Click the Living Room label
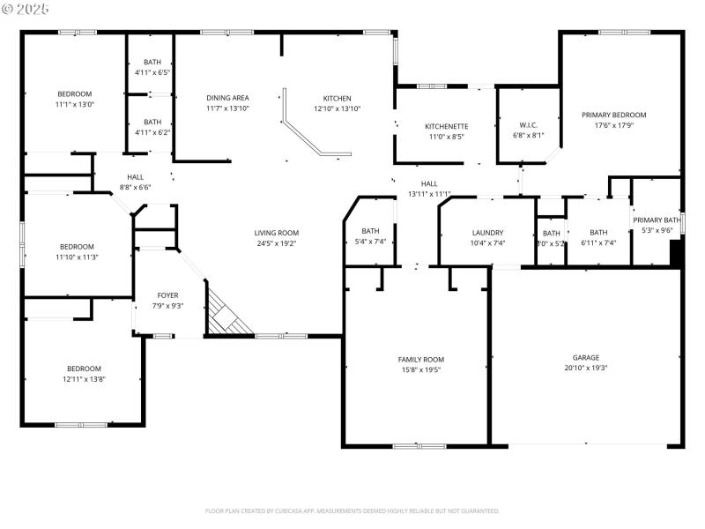[x=277, y=233]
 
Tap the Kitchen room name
[x=337, y=98]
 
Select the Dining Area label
[x=227, y=98]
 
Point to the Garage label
[x=586, y=358]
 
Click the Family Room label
[x=421, y=360]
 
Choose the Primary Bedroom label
[x=614, y=115]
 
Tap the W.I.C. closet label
[x=529, y=125]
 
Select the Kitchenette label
[x=446, y=126]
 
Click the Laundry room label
[x=487, y=232]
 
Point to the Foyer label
[x=167, y=295]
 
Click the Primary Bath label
[x=657, y=220]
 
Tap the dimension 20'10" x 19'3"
[x=586, y=369]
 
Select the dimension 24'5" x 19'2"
[x=277, y=243]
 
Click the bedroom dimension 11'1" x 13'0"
[x=75, y=104]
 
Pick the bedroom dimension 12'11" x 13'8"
[x=84, y=379]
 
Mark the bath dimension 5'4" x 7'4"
[x=370, y=242]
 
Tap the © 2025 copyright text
[x=26, y=8]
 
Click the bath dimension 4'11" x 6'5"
[x=152, y=72]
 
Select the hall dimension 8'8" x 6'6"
[x=135, y=187]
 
